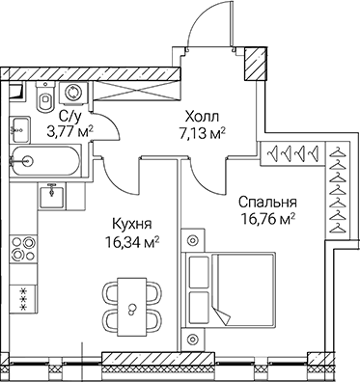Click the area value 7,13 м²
[x=204, y=133]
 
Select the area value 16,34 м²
[x=131, y=242]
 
